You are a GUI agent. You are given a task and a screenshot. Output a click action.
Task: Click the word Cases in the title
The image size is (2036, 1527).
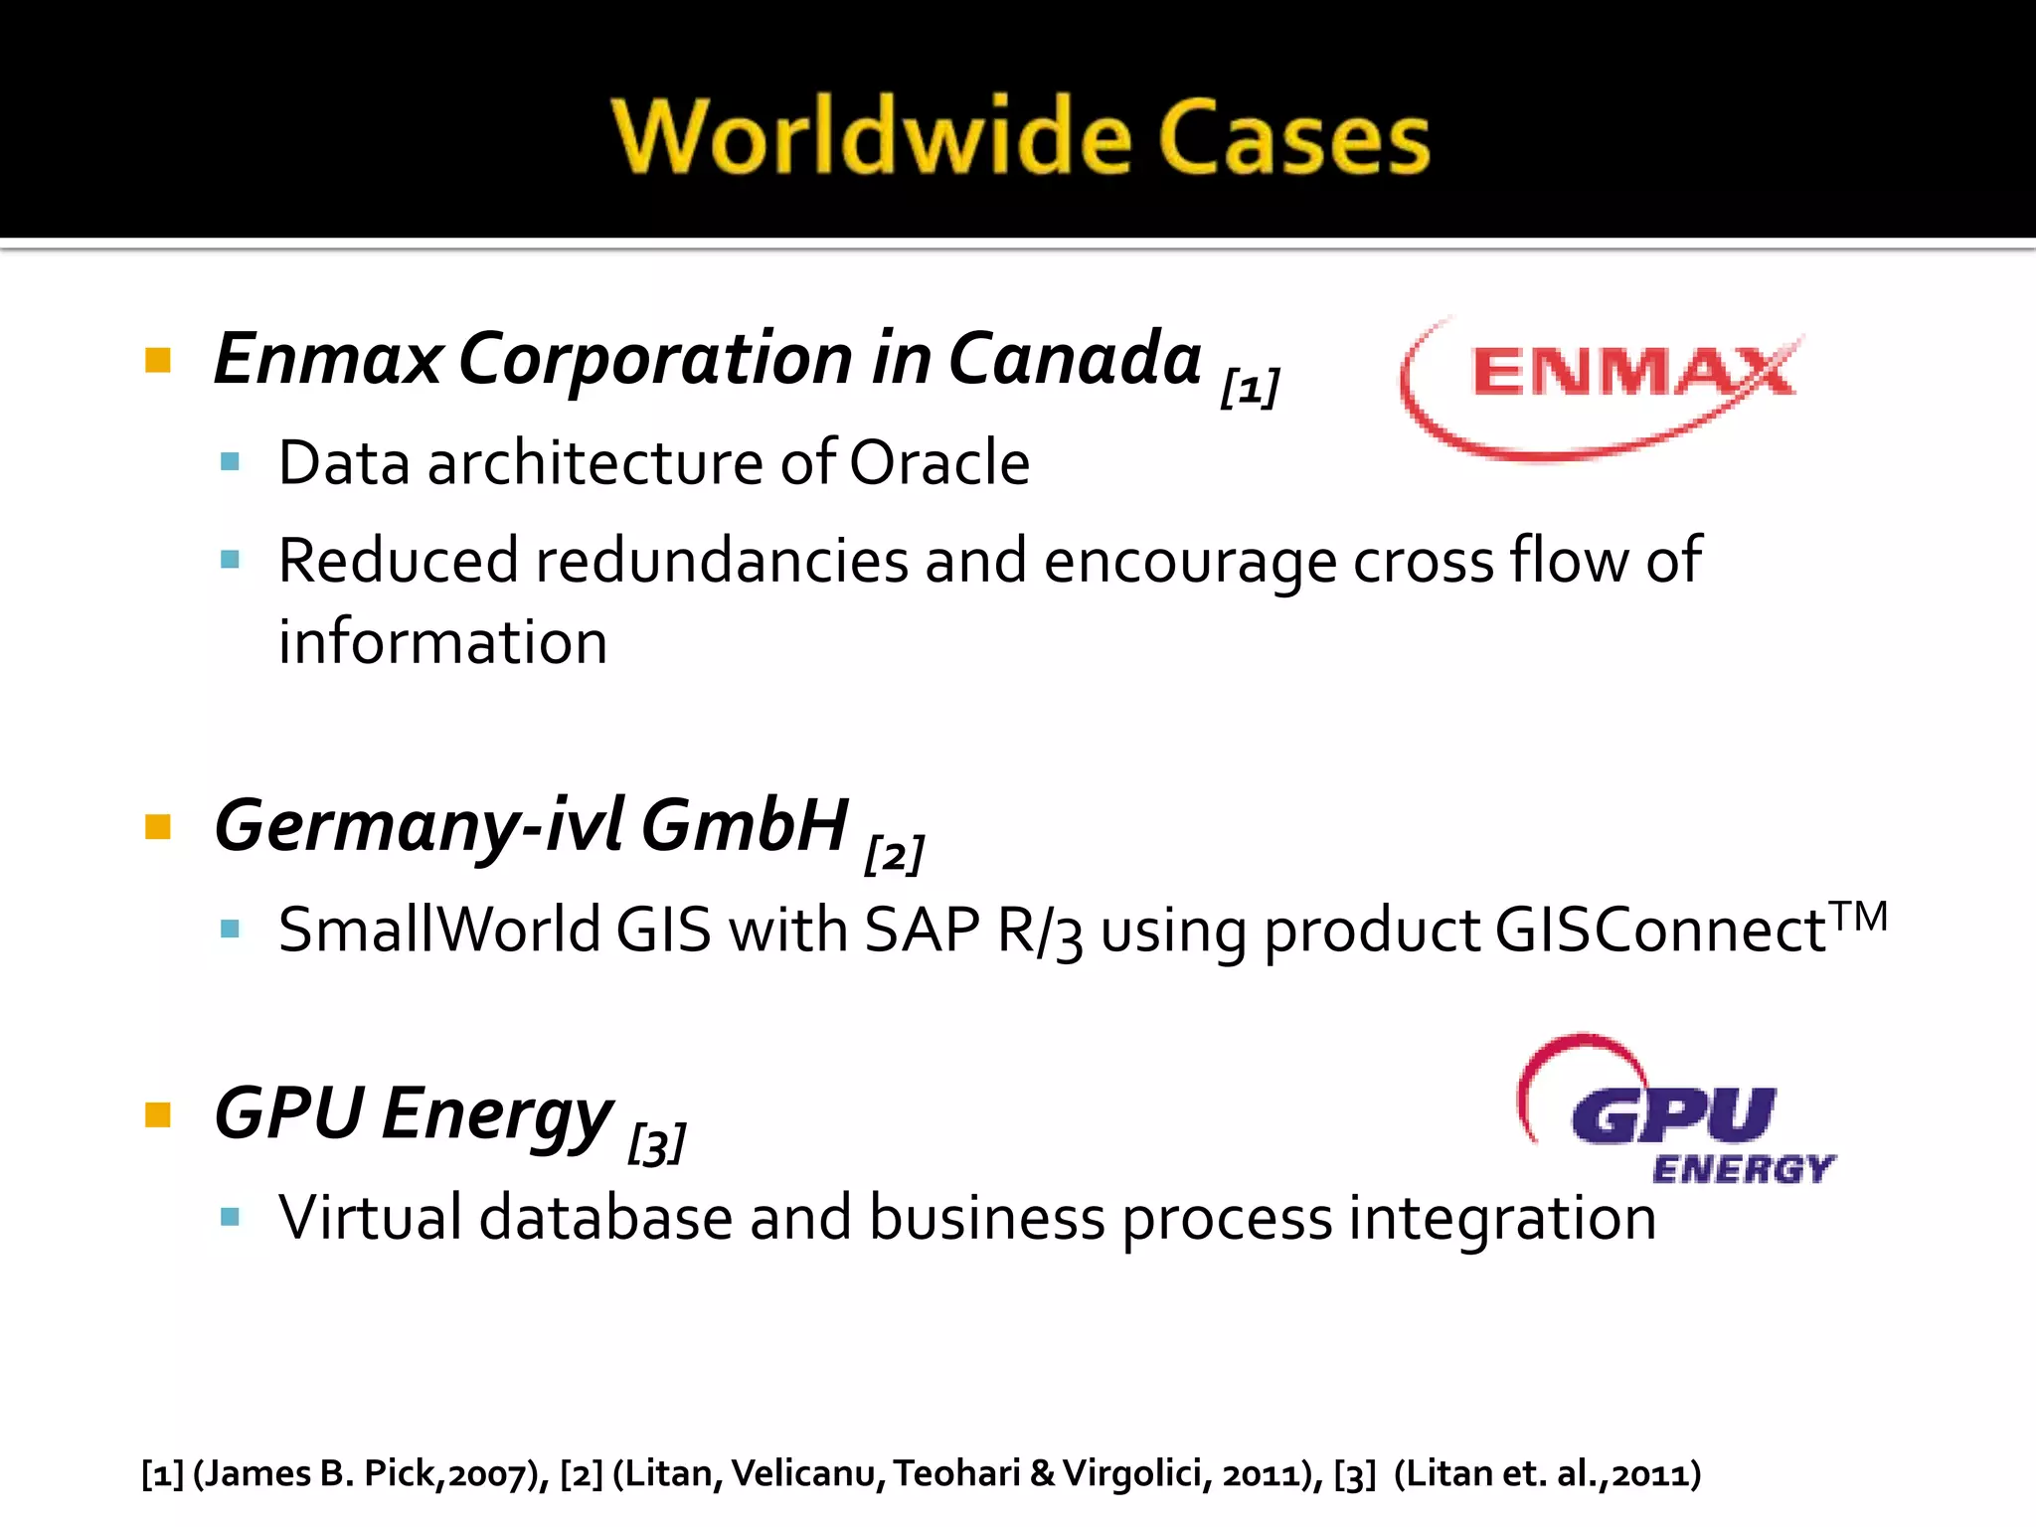click(1293, 137)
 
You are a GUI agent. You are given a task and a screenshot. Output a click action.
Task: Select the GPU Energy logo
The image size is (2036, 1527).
click(1678, 1111)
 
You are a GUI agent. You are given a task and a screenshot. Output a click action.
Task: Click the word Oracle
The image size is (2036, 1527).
click(939, 462)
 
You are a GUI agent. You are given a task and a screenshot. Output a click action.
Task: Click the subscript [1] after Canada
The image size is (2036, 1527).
click(1250, 387)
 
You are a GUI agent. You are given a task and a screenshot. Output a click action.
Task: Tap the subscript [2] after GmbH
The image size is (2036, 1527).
click(894, 854)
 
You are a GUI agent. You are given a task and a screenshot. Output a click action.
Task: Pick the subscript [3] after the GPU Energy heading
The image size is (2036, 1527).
click(656, 1144)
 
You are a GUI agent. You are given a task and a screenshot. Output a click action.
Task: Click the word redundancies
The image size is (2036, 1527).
click(722, 560)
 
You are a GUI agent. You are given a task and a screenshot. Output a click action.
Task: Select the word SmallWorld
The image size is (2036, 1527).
click(438, 930)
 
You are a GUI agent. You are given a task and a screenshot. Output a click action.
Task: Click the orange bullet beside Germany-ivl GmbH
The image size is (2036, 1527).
click(158, 826)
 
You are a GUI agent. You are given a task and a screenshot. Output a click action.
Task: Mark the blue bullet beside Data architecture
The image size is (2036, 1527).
click(231, 462)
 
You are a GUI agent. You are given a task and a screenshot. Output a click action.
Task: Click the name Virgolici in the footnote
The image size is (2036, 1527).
click(1132, 1473)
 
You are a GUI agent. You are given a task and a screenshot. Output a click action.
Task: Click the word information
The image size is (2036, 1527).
click(442, 641)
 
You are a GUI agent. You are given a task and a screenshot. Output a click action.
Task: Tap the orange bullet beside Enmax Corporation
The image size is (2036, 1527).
click(158, 359)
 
